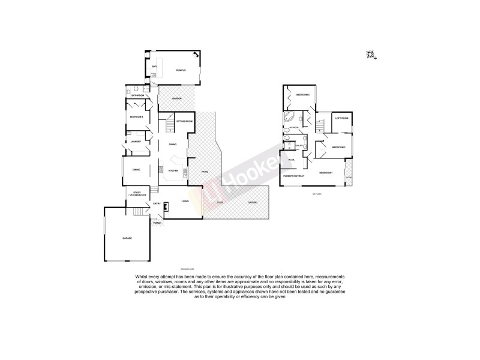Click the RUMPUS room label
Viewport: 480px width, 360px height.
[x=179, y=71]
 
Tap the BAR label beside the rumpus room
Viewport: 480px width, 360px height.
[x=154, y=66]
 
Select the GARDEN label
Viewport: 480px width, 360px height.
[x=176, y=98]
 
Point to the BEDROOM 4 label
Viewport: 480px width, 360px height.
[x=136, y=116]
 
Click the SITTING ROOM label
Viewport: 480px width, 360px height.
[x=184, y=121]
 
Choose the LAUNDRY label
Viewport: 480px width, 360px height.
[x=136, y=142]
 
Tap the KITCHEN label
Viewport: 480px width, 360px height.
[x=173, y=171]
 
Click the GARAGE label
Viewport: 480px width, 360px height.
[x=127, y=238]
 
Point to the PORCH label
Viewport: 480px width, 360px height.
[x=157, y=223]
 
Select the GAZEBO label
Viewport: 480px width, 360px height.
[x=253, y=202]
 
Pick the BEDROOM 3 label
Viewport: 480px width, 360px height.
[x=302, y=95]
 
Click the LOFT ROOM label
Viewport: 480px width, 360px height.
[x=341, y=118]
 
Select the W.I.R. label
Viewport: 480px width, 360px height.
[x=291, y=160]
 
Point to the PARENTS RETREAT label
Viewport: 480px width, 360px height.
[x=294, y=176]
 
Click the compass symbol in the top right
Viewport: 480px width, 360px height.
[x=370, y=56]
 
